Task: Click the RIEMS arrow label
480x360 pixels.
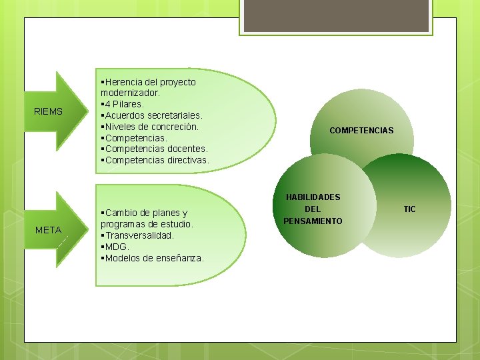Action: coord(48,111)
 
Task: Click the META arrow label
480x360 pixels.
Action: coord(48,230)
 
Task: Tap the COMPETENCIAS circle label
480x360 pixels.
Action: coord(361,131)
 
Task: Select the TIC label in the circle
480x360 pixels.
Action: coord(409,209)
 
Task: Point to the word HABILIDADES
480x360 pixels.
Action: coord(313,197)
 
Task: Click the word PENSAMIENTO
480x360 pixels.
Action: coord(313,221)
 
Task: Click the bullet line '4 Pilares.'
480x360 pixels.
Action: coord(123,104)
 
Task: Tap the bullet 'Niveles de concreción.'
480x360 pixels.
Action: coord(151,127)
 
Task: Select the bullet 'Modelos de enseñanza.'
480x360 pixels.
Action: coord(153,258)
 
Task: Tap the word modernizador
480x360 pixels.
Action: coord(130,93)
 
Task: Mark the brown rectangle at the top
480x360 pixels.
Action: coord(335,17)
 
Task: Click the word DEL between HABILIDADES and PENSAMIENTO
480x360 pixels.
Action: coord(313,209)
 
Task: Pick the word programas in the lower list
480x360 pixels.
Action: coord(123,224)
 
